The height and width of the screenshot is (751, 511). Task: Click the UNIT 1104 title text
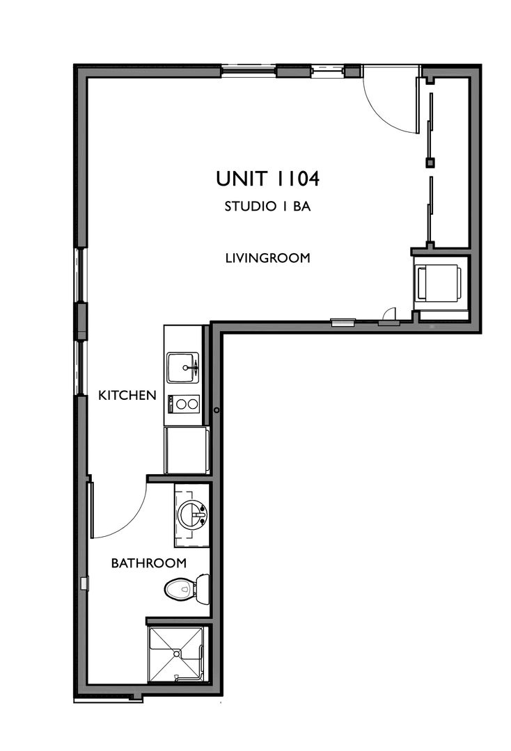pos(267,179)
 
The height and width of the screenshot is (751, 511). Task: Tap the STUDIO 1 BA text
pos(267,207)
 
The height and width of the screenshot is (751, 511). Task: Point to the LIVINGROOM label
pos(267,258)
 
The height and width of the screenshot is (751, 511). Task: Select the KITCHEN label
pos(127,396)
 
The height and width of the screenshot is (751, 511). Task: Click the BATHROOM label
pos(148,563)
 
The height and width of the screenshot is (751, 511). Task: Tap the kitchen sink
pos(182,366)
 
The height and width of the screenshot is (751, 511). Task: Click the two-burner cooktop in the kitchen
pos(184,403)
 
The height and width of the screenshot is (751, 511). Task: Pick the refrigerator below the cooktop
pos(185,450)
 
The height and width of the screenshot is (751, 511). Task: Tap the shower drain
pos(178,654)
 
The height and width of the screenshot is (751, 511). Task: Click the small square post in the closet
pos(430,163)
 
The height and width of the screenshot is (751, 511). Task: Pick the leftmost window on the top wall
pos(249,70)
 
